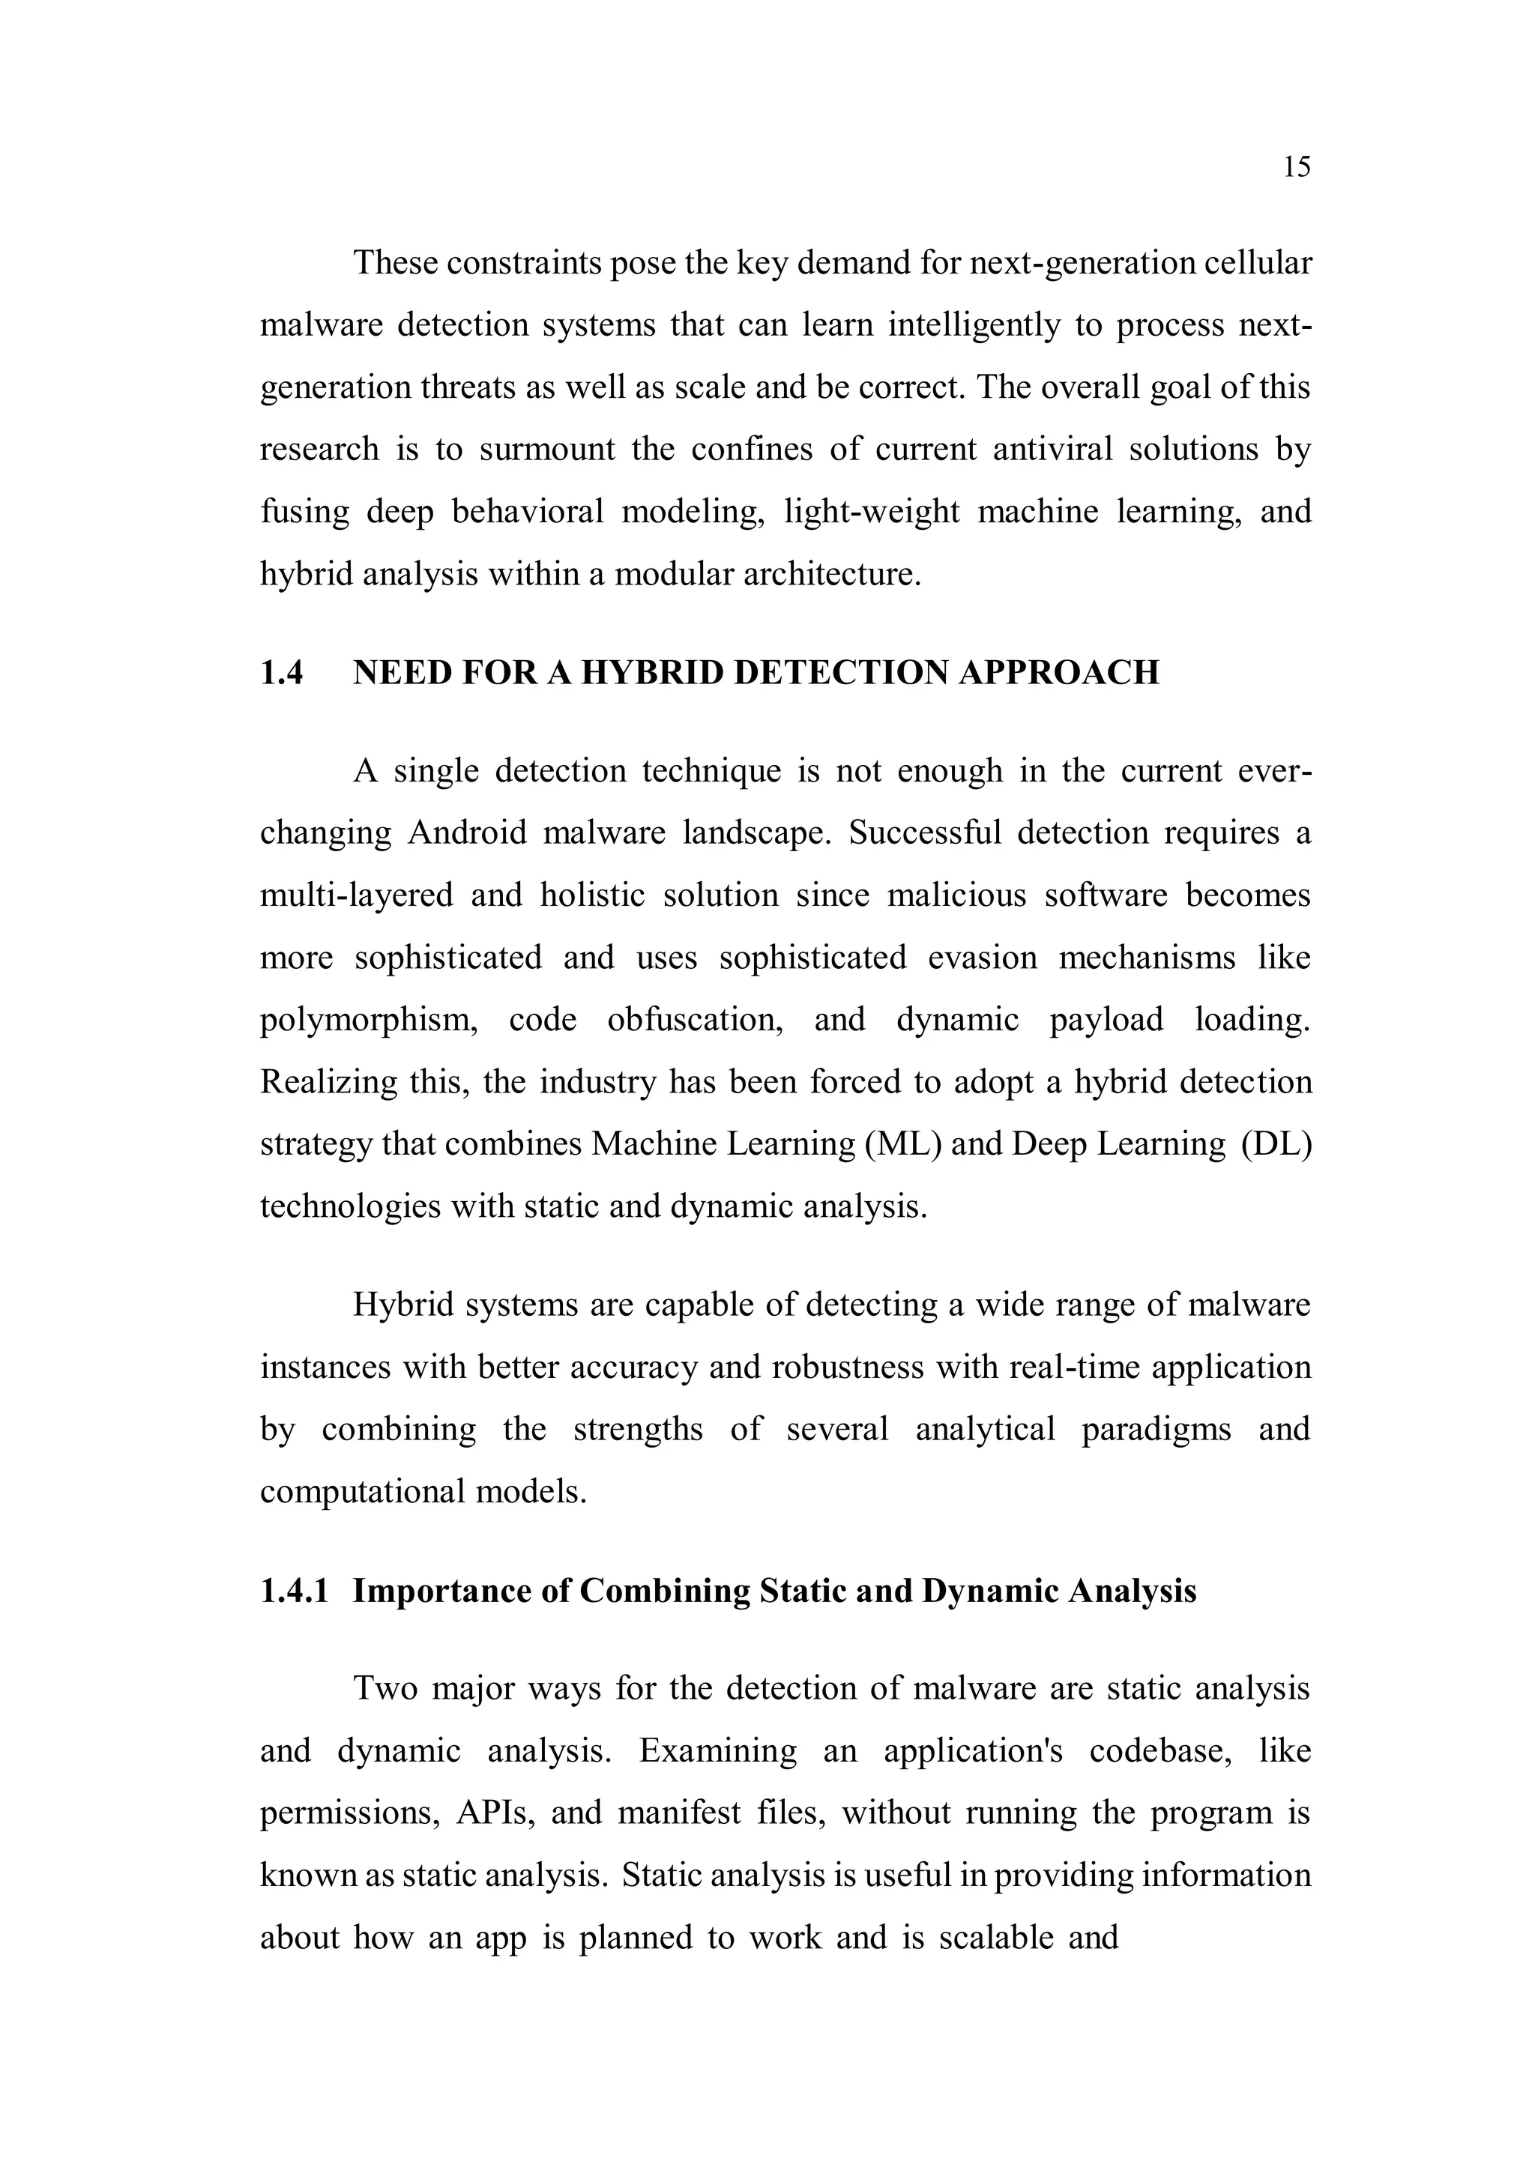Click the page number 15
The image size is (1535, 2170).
coord(1297,167)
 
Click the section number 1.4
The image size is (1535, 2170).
coord(282,673)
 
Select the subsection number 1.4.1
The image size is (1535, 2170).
coord(294,1591)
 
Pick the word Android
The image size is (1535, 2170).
coord(467,833)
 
